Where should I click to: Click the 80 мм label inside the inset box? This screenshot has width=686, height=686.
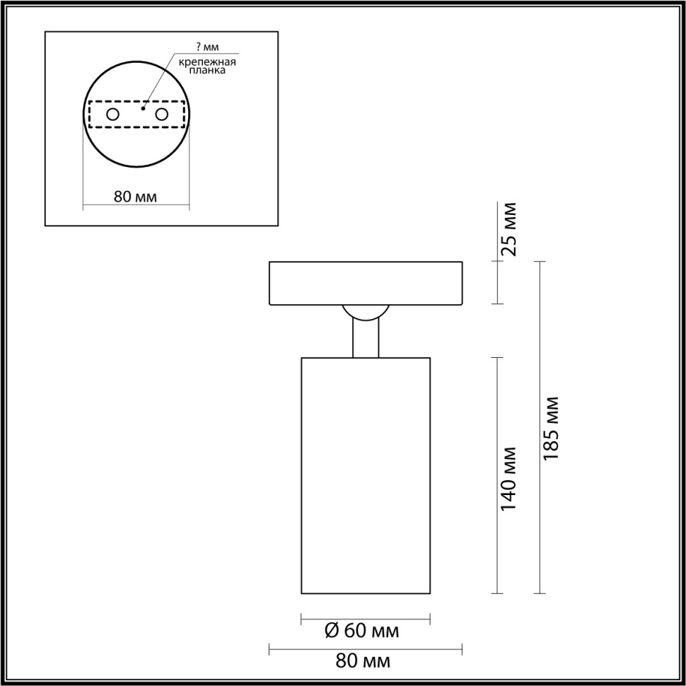135,197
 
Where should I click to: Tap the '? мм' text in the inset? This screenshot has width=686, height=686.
207,47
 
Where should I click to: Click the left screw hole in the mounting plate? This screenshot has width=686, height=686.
112,114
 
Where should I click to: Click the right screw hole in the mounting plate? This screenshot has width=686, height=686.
162,114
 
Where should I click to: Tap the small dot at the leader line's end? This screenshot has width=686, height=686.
143,109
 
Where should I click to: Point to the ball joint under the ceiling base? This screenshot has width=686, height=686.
366,313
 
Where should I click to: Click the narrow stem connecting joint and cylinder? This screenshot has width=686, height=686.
366,339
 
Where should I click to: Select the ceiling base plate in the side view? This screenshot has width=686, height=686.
366,284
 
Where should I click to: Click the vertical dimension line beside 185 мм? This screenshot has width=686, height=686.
542,428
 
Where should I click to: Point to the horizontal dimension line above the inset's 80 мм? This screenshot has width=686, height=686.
136,207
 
